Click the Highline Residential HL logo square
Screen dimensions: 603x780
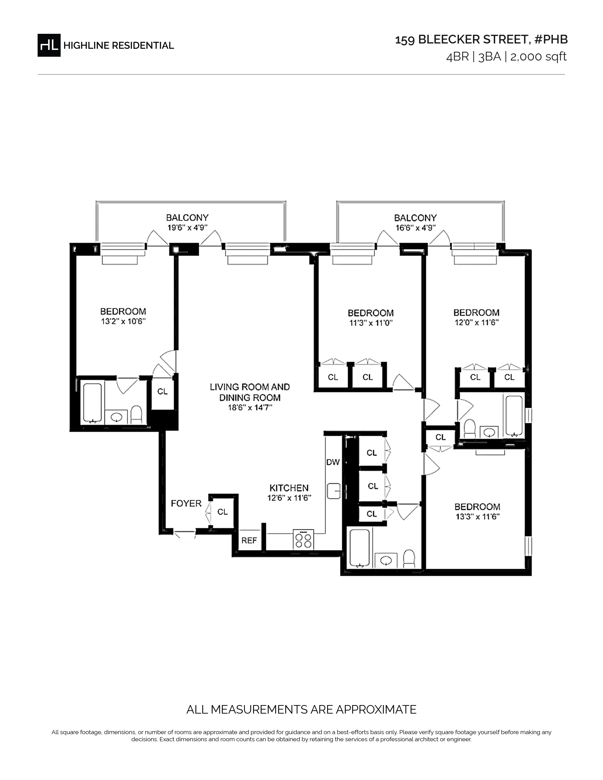(x=49, y=45)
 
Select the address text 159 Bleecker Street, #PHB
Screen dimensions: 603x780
(x=481, y=40)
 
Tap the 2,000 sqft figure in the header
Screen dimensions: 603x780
(x=538, y=57)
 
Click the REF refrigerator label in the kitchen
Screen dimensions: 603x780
(x=249, y=540)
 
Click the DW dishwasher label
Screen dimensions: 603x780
(x=333, y=462)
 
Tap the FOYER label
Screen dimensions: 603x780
(x=186, y=503)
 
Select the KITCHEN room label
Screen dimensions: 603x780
(x=289, y=488)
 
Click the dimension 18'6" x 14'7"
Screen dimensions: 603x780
(x=250, y=407)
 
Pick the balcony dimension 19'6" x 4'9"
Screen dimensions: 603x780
(x=187, y=227)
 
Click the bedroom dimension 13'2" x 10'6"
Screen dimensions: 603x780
(x=123, y=321)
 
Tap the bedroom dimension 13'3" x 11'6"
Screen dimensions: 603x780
(x=477, y=516)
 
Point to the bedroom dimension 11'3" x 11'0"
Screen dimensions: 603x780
(x=371, y=323)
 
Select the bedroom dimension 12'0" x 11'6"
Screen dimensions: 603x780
(x=476, y=322)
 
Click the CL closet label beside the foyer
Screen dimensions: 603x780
(x=223, y=512)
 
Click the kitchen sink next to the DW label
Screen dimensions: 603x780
(x=334, y=491)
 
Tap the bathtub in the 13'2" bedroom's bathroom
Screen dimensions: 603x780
(x=92, y=403)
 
